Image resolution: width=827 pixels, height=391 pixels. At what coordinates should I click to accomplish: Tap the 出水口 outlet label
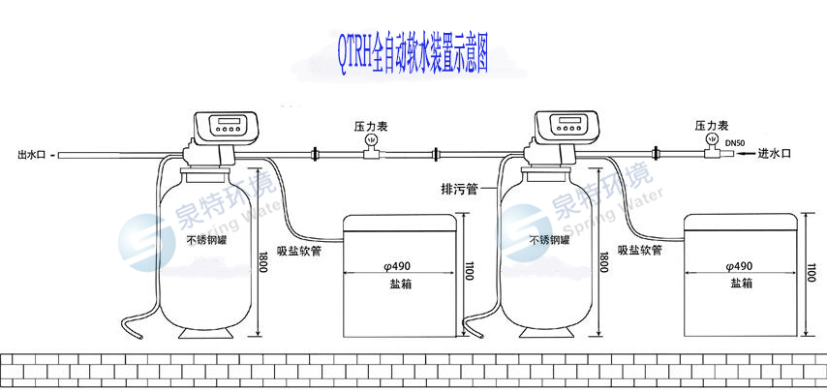pos(30,154)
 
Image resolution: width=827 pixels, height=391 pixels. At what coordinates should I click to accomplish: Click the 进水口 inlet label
pos(775,153)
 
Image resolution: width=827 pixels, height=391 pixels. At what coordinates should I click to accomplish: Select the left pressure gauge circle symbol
pos(371,141)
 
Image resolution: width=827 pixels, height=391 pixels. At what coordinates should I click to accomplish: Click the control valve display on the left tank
pos(229,124)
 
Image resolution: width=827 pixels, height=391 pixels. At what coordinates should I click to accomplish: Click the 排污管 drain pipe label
pos(460,190)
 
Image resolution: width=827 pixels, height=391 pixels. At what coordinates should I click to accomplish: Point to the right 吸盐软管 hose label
pos(638,249)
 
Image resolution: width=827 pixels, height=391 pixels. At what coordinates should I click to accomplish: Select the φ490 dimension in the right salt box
pos(741,266)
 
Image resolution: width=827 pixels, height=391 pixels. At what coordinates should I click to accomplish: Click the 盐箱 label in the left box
pos(400,283)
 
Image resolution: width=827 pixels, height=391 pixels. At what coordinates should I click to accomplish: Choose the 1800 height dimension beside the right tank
pos(604,261)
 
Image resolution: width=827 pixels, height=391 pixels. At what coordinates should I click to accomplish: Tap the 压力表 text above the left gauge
pos(371,126)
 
